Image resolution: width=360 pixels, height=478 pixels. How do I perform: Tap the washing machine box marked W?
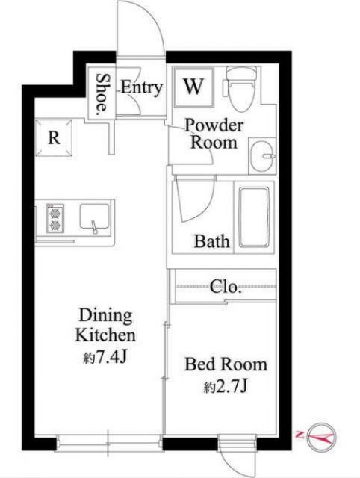click(193, 87)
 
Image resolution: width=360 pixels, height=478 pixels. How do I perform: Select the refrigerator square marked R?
click(55, 137)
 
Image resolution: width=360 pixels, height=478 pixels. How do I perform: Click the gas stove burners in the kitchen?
click(55, 218)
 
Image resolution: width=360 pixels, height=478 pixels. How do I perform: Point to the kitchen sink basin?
click(95, 217)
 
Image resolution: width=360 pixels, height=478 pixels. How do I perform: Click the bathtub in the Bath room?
click(254, 217)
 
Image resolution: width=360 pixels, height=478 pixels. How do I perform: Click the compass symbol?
click(321, 438)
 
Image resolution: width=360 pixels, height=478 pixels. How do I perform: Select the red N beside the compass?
click(300, 434)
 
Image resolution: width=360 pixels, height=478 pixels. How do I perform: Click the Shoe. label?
click(102, 95)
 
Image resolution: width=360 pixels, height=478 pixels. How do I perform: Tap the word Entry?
click(141, 88)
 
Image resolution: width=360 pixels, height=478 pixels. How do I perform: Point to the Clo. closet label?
click(226, 287)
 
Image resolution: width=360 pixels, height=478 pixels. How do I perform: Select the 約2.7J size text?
click(226, 387)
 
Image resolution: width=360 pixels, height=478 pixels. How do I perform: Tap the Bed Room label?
click(226, 364)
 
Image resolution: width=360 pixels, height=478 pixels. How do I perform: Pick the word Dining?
click(105, 316)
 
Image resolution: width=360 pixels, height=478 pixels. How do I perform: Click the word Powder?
click(214, 125)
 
